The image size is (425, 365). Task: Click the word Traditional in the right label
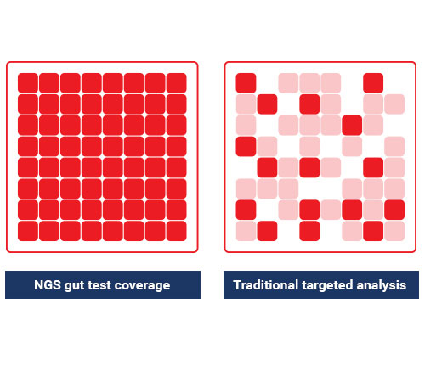[266, 284]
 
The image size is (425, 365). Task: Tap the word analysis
[382, 285]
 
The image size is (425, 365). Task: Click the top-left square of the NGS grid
[28, 83]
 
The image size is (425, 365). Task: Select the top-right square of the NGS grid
[177, 83]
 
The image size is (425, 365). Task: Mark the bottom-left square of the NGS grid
[28, 231]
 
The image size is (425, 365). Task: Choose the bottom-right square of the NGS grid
[177, 231]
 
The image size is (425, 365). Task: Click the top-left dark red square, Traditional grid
[246, 83]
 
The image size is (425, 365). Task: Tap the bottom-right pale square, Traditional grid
[394, 231]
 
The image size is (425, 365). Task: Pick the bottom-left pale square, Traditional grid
[246, 231]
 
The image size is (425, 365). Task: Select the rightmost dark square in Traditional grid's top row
[373, 83]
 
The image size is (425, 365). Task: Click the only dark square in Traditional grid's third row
[352, 125]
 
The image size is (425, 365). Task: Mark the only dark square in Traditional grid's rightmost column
[394, 210]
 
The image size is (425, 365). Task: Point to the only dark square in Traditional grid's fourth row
[246, 146]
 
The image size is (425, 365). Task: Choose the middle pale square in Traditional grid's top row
[309, 83]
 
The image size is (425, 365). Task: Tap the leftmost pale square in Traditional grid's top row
[288, 83]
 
